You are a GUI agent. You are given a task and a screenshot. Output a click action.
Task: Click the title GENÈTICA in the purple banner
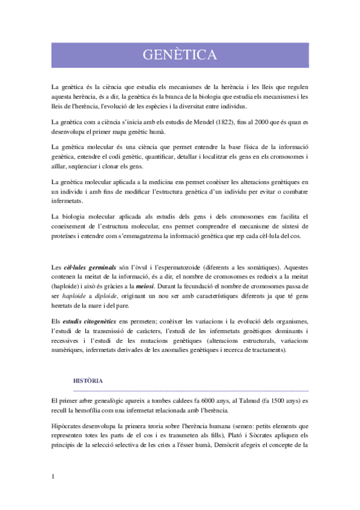(180, 55)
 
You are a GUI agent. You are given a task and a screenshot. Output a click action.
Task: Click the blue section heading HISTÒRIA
(88, 381)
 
